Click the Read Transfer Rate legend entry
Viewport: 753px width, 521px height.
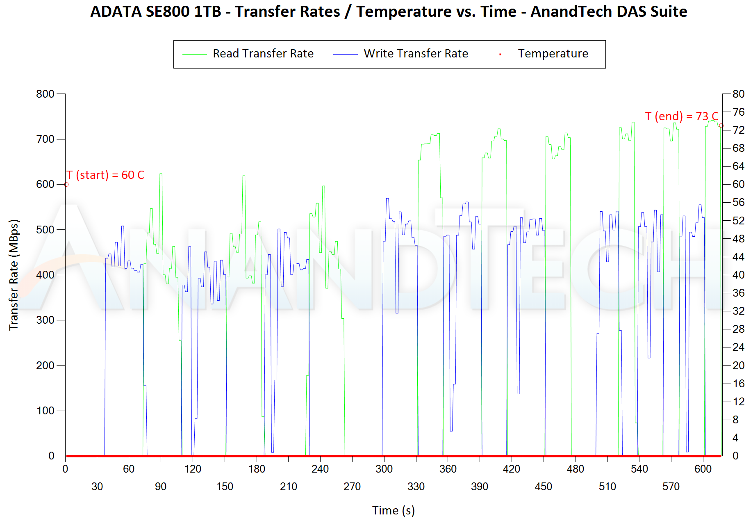click(263, 54)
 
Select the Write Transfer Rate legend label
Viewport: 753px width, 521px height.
click(416, 54)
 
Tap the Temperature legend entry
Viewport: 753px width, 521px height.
click(553, 54)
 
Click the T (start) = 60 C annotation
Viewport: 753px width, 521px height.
click(106, 175)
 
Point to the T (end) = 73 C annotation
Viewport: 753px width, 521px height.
click(681, 117)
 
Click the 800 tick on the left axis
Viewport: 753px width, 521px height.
click(45, 94)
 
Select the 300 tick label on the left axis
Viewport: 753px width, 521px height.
click(45, 320)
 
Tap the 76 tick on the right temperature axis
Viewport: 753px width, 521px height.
click(738, 112)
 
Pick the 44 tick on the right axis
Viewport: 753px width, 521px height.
click(738, 257)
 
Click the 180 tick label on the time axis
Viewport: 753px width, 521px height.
click(257, 469)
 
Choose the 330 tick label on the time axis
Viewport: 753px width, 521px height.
click(416, 487)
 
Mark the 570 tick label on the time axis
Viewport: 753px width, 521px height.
click(671, 487)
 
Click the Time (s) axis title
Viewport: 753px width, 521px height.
click(393, 510)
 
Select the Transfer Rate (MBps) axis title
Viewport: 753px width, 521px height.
click(14, 275)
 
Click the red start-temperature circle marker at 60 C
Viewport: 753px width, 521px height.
click(66, 185)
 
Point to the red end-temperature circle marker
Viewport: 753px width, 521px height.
click(721, 126)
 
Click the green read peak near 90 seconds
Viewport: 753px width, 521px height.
click(161, 174)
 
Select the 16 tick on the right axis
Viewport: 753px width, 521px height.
click(738, 384)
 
